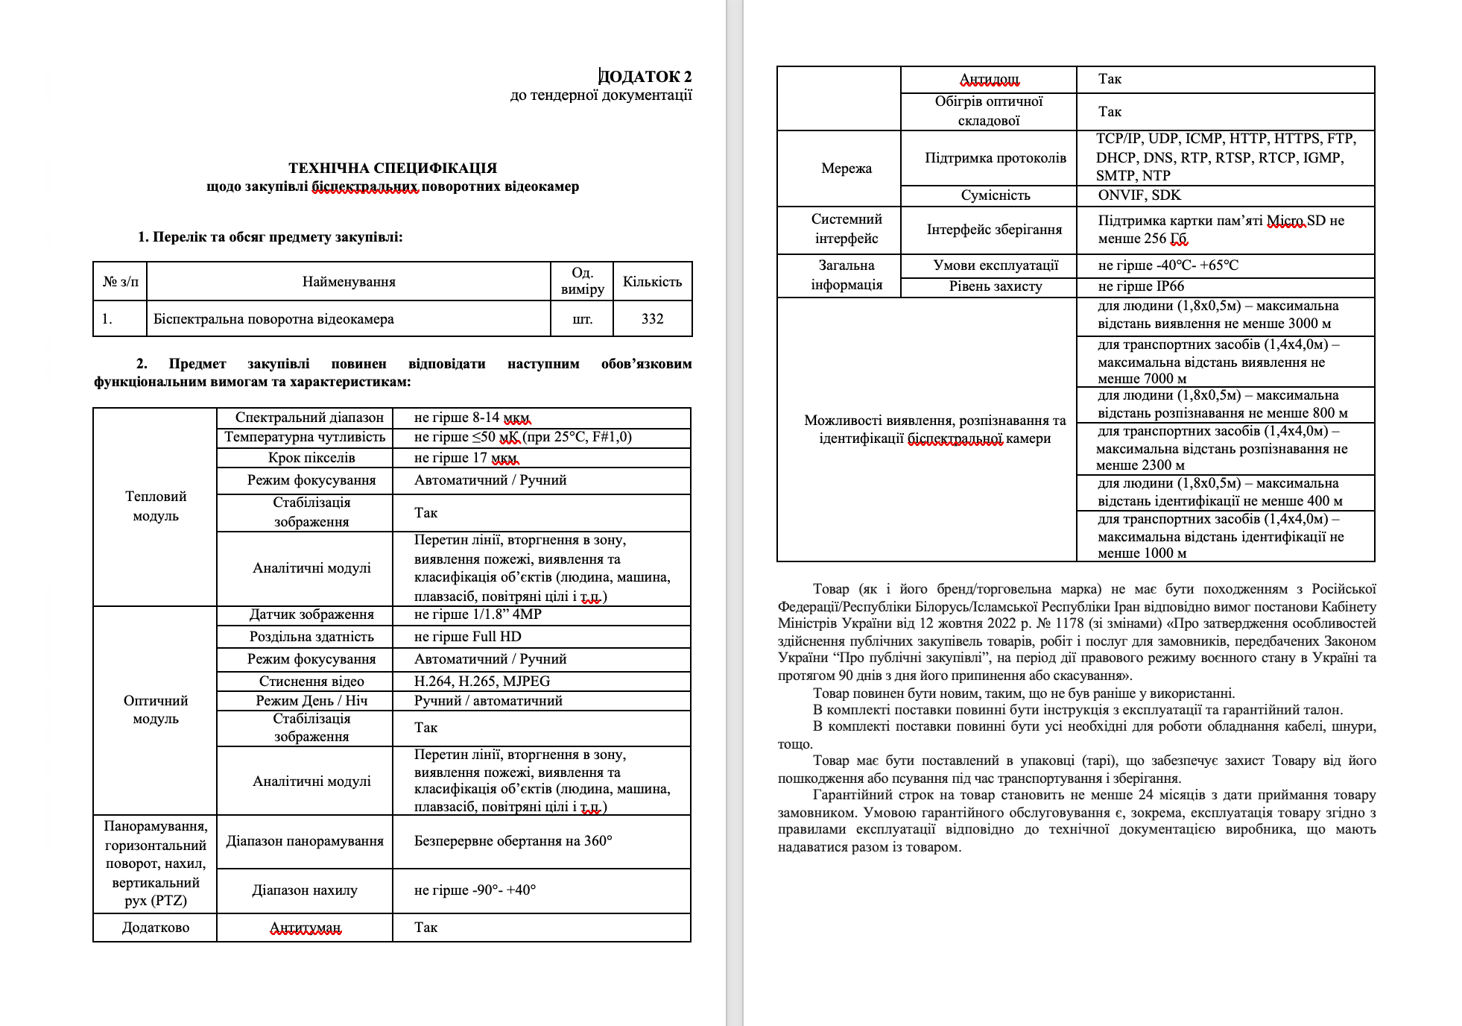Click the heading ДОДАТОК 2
[645, 77]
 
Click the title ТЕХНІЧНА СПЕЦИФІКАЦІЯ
[393, 168]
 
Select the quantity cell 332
[652, 319]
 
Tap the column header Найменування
[349, 282]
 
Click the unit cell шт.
[582, 319]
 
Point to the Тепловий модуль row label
[155, 506]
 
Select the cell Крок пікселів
[311, 458]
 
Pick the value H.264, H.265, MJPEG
[481, 681]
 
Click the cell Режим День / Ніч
[311, 700]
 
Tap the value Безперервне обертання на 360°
[513, 841]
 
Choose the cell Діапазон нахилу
[304, 890]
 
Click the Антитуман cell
[304, 928]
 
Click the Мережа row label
[846, 169]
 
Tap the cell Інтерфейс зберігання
[994, 230]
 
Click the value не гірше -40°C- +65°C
[1168, 265]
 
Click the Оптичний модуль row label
[155, 710]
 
